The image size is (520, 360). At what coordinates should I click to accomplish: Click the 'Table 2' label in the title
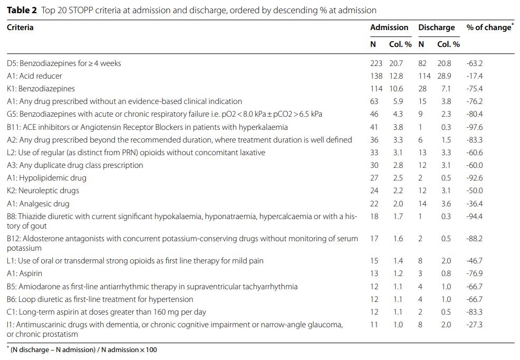pyautogui.click(x=22, y=10)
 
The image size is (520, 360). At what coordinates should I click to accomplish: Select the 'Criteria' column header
pyautogui.click(x=20, y=27)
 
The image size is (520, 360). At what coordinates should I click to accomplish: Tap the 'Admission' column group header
pyautogui.click(x=389, y=27)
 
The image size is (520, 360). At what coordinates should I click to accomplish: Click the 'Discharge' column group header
pyautogui.click(x=436, y=27)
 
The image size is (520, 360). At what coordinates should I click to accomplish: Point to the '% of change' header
pyautogui.click(x=489, y=27)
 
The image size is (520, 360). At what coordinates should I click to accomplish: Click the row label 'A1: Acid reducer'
pyautogui.click(x=34, y=76)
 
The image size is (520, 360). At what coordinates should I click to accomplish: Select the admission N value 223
pyautogui.click(x=376, y=63)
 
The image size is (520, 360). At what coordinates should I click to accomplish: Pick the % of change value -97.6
pyautogui.click(x=474, y=127)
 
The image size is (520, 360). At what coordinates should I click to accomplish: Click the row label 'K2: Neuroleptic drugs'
pyautogui.click(x=43, y=191)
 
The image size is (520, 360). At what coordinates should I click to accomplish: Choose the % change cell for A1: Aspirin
pyautogui.click(x=474, y=273)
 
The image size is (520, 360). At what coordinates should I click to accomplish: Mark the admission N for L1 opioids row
pyautogui.click(x=374, y=261)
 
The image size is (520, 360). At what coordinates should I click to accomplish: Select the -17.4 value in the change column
pyautogui.click(x=474, y=76)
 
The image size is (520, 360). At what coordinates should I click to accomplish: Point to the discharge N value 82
pyautogui.click(x=422, y=63)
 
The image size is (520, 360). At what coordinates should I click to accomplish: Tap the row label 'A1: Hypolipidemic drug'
pyautogui.click(x=46, y=178)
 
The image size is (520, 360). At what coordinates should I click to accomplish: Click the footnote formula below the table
pyautogui.click(x=83, y=349)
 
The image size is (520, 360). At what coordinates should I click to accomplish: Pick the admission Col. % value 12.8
pyautogui.click(x=396, y=76)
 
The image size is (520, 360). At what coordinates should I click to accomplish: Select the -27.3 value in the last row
pyautogui.click(x=474, y=325)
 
